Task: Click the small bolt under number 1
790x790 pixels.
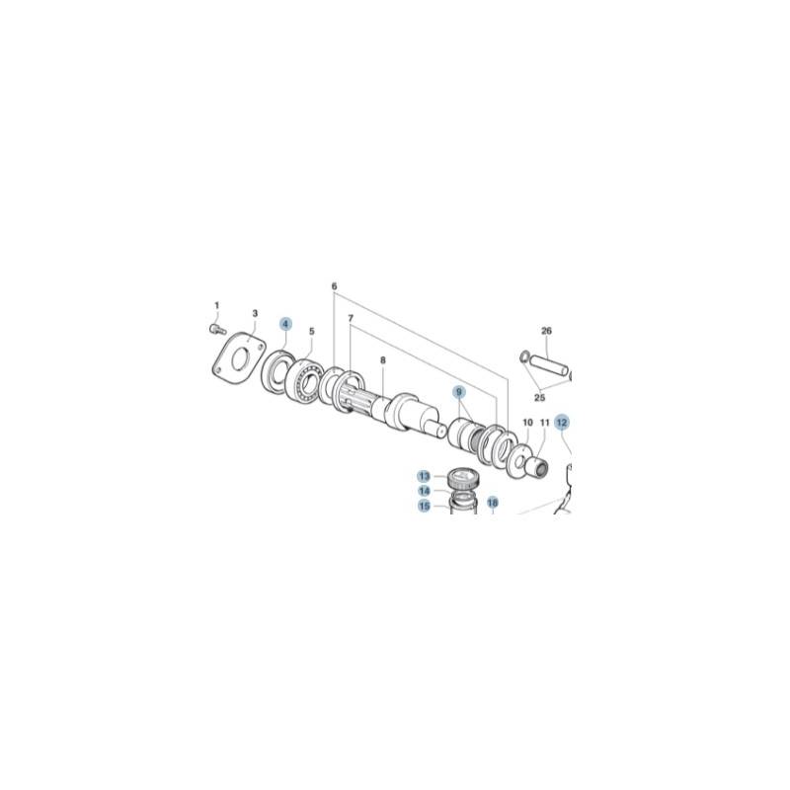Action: [x=216, y=328]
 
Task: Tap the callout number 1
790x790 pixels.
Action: [x=217, y=305]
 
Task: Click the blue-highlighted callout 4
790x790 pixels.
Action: [x=285, y=324]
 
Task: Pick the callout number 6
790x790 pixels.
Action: [x=334, y=287]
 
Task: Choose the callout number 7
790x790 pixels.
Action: [x=349, y=317]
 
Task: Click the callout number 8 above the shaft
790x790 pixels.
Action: [x=382, y=361]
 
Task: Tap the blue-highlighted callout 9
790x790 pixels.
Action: [x=459, y=392]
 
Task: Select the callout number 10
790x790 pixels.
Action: [x=527, y=423]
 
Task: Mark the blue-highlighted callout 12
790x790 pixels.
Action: [x=561, y=422]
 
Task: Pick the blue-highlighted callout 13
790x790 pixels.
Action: [x=424, y=476]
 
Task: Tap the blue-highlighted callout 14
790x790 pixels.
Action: [x=424, y=491]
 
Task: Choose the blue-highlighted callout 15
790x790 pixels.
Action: [x=424, y=507]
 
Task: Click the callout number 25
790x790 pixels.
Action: [x=539, y=398]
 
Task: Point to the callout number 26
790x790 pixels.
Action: [x=546, y=331]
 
